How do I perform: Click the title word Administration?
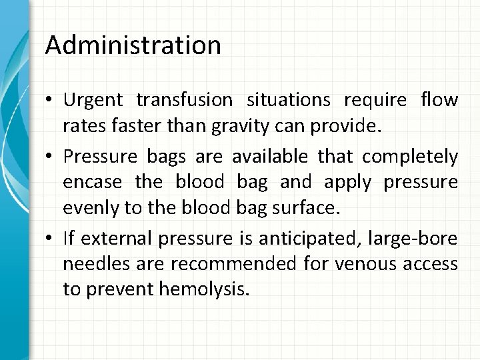[133, 45]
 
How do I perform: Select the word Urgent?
[93, 100]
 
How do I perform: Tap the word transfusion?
[184, 100]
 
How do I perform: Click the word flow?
[439, 100]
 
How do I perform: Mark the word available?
[269, 157]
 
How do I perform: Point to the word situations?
[289, 100]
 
